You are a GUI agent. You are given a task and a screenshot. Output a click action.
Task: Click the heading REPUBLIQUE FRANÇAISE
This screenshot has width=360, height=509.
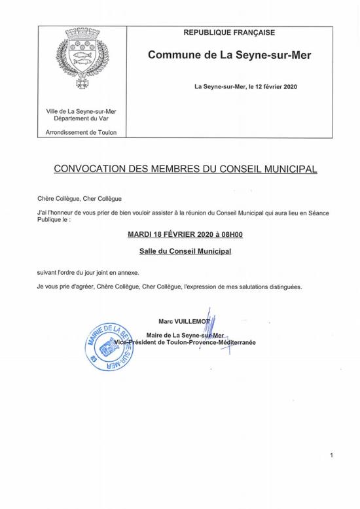(229, 33)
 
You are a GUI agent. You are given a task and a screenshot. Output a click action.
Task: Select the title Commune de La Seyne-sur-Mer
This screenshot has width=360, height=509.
(229, 56)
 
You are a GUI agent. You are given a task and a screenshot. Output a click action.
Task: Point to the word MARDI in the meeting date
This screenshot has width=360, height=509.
(141, 234)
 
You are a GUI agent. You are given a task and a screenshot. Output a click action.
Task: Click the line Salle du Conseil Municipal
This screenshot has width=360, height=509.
(180, 251)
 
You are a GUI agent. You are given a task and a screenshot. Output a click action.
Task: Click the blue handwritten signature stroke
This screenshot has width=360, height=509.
(209, 327)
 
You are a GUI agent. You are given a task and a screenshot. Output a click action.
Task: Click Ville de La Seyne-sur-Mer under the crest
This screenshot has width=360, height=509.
(81, 112)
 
